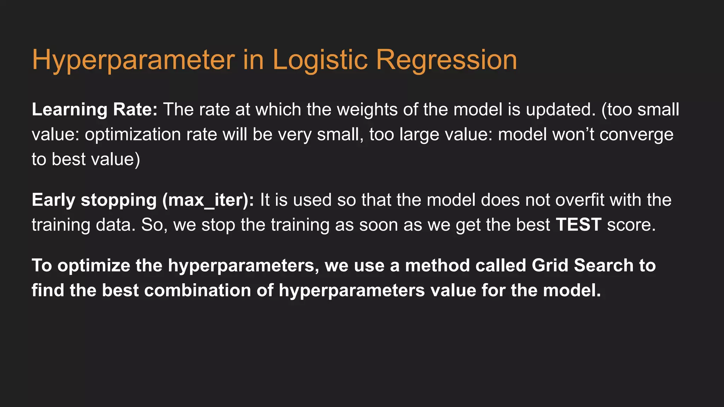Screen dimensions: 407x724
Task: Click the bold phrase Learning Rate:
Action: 94,110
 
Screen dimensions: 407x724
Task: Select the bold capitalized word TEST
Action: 578,225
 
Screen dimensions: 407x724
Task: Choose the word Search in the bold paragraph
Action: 603,266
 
